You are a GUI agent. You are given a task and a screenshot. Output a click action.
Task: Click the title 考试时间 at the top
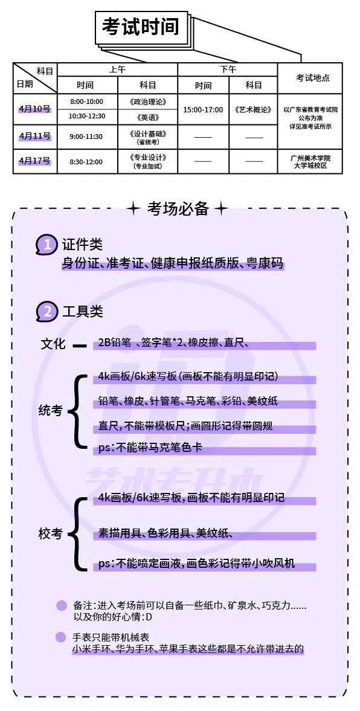tap(141, 27)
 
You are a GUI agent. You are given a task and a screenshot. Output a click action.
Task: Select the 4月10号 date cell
tap(35, 109)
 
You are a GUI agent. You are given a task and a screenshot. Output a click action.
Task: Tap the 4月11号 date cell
tap(35, 136)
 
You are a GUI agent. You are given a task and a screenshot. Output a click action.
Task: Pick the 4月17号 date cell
tap(35, 161)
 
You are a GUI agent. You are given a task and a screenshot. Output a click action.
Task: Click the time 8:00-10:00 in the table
tap(86, 101)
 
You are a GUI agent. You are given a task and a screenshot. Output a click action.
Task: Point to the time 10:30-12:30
tap(86, 117)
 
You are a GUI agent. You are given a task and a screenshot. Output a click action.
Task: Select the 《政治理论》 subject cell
tap(147, 101)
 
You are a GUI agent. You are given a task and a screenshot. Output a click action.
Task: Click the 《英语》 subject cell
tap(147, 117)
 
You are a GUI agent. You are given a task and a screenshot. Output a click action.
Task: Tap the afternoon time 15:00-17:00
tap(203, 109)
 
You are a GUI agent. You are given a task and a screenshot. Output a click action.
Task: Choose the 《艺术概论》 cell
tap(254, 109)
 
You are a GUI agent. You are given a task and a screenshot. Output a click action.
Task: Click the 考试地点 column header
tap(313, 78)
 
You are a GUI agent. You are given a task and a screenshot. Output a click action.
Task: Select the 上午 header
tap(117, 70)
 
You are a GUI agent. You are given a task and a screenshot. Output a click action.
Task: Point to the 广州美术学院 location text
tap(310, 158)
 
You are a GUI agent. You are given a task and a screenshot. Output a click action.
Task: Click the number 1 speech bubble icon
tap(47, 245)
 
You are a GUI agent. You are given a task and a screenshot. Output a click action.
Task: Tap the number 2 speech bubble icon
tap(47, 312)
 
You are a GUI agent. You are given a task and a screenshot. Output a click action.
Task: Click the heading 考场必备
tap(178, 208)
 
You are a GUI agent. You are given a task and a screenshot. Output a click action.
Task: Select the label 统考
tap(50, 411)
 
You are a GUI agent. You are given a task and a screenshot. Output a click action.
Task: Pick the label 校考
tap(50, 534)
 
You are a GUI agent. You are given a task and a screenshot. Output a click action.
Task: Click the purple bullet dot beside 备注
tap(61, 606)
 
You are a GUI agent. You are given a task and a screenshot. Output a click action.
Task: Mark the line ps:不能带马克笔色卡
tap(150, 448)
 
